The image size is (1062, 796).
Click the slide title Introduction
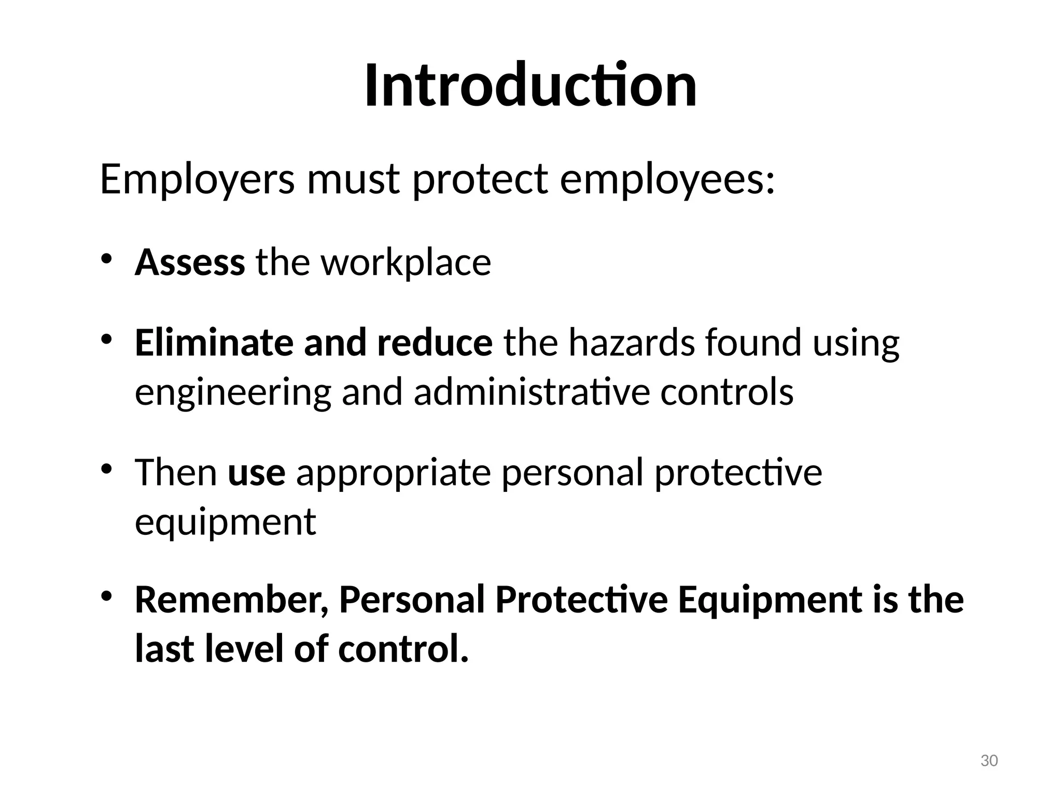click(x=530, y=86)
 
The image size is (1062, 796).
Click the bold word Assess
click(x=190, y=263)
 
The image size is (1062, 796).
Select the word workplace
click(x=406, y=263)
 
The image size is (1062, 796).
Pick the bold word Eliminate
click(x=214, y=343)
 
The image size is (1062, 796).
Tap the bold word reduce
click(x=435, y=343)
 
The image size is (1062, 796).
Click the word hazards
click(x=631, y=343)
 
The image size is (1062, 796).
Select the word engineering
click(x=233, y=393)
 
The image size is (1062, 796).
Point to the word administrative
click(x=532, y=392)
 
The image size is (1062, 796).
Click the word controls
click(x=726, y=392)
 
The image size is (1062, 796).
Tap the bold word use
click(x=257, y=473)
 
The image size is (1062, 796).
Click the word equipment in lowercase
click(x=226, y=522)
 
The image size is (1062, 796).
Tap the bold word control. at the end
click(x=403, y=649)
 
